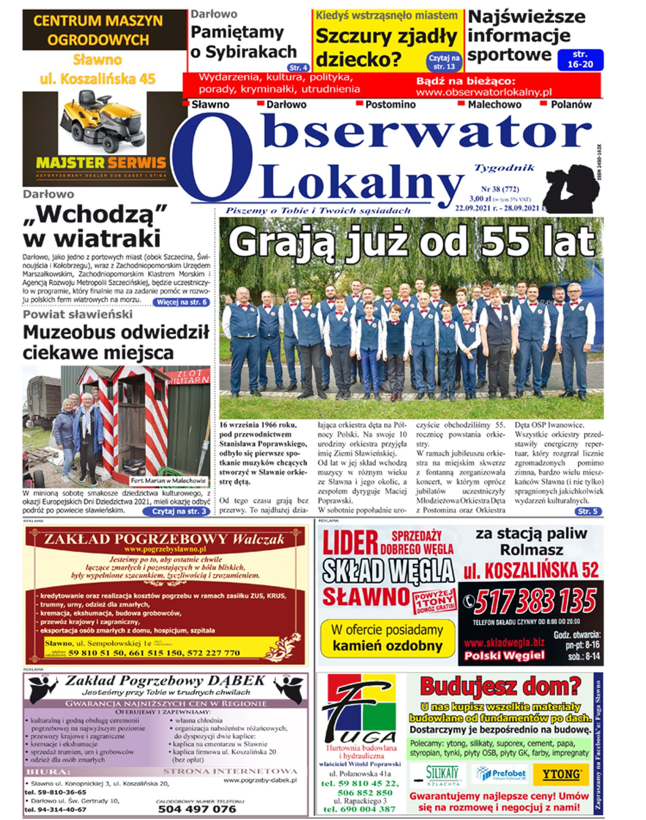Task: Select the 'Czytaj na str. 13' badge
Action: pyautogui.click(x=444, y=62)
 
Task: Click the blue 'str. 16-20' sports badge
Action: pyautogui.click(x=580, y=59)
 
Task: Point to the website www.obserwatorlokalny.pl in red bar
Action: pyautogui.click(x=484, y=92)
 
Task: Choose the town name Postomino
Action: pyautogui.click(x=390, y=105)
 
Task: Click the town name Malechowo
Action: pyautogui.click(x=494, y=105)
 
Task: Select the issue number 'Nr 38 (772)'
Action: pyautogui.click(x=500, y=189)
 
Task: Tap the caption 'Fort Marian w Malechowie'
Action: pyautogui.click(x=168, y=480)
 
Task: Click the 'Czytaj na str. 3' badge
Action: pyautogui.click(x=176, y=511)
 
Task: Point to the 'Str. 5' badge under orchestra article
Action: pyautogui.click(x=588, y=511)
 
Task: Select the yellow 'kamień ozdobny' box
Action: pyautogui.click(x=387, y=638)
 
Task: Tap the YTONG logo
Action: pyautogui.click(x=561, y=774)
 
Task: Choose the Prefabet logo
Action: pyautogui.click(x=500, y=774)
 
